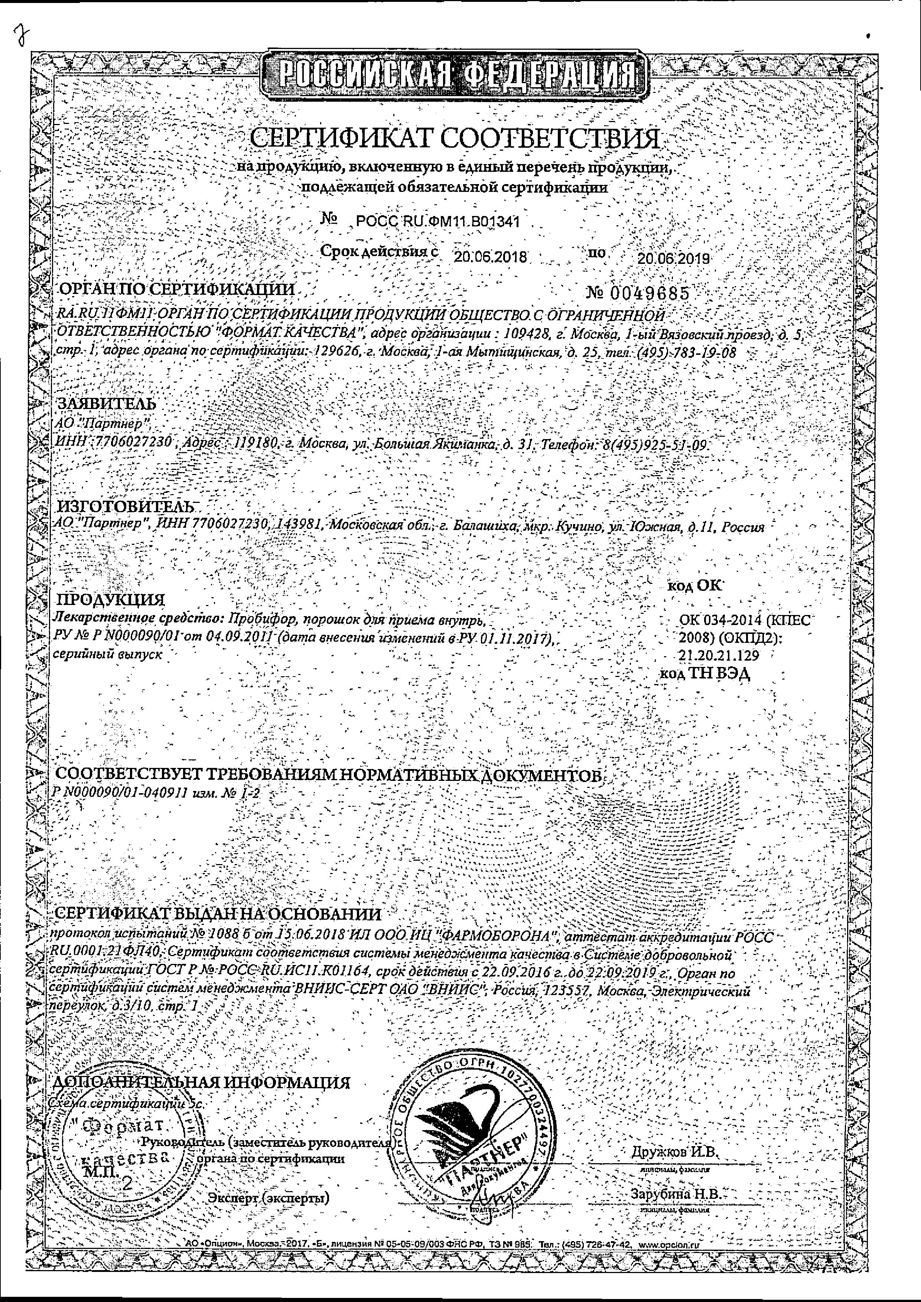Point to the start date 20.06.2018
(x=490, y=258)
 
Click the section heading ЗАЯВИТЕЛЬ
(x=106, y=404)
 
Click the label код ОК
(x=696, y=585)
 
